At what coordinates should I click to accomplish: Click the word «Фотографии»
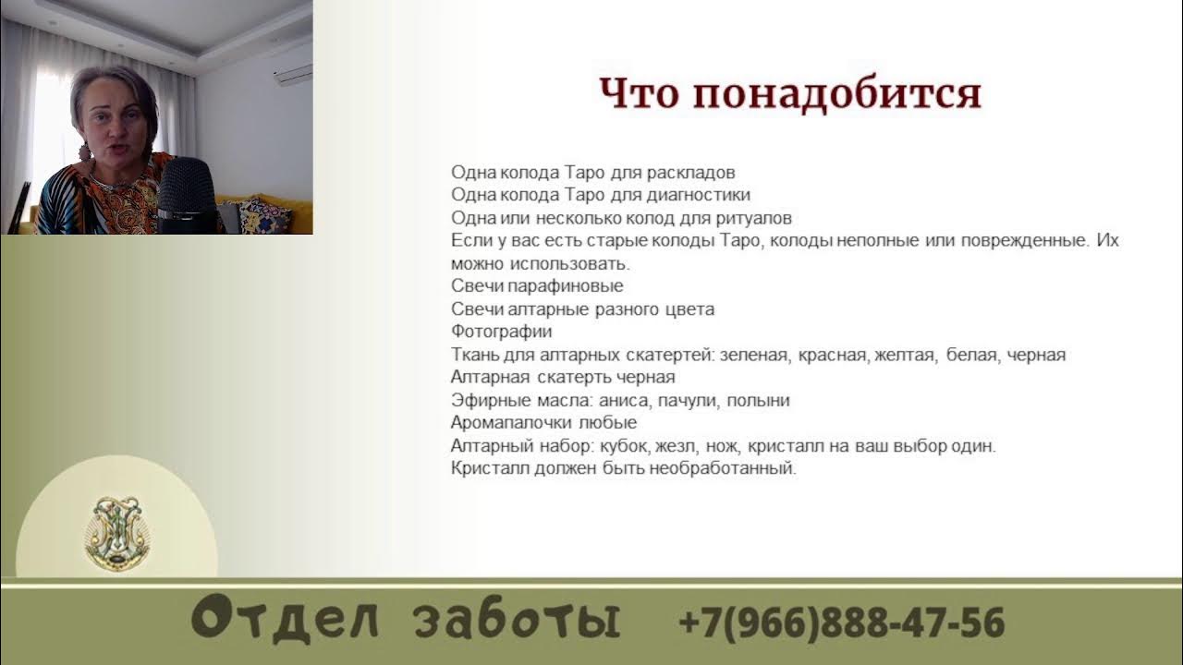tap(501, 331)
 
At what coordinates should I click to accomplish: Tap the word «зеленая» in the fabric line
tap(754, 355)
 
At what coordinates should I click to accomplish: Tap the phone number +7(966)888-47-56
tap(841, 622)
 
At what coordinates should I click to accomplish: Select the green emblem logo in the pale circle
tap(117, 533)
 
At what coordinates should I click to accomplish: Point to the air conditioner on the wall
tap(292, 73)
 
